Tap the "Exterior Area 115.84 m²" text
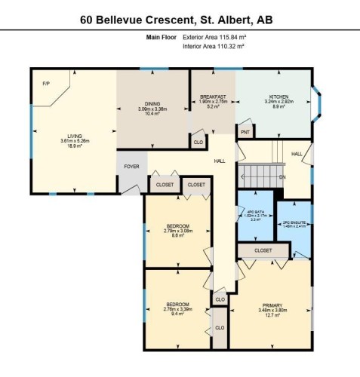click(216, 36)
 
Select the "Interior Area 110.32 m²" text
click(214, 46)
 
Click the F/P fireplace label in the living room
click(45, 83)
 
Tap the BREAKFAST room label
click(213, 97)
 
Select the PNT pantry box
click(245, 132)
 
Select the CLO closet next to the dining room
click(198, 141)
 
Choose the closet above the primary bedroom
click(263, 250)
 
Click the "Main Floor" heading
click(160, 36)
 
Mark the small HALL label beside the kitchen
click(297, 153)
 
